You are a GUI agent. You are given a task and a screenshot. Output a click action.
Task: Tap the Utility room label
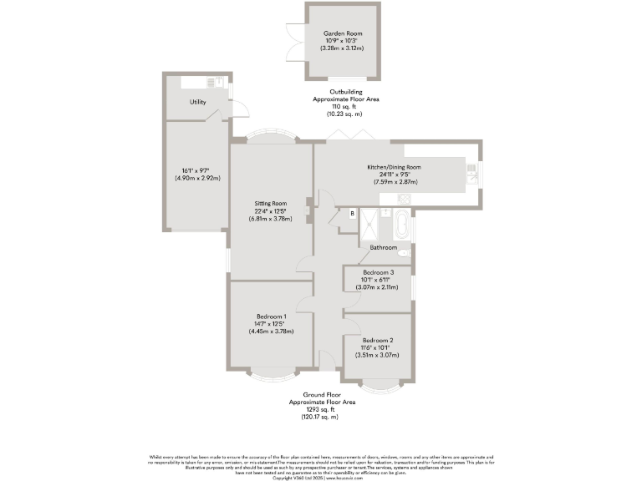197,102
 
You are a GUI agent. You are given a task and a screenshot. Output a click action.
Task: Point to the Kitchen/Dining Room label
394,167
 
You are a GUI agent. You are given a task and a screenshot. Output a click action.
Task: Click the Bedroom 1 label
271,316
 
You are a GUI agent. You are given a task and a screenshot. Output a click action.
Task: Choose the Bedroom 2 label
378,341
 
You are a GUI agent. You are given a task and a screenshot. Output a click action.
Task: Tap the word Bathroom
383,248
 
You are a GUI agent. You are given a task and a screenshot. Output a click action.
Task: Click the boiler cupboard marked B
352,214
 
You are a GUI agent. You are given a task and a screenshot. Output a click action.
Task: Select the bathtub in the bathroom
402,225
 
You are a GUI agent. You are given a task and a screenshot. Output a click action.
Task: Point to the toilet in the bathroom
404,251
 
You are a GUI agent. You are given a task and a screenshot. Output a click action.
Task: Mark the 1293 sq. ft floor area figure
322,409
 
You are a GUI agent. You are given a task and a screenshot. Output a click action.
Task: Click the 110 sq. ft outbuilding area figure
345,107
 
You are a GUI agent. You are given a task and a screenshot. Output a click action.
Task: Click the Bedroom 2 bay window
381,384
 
